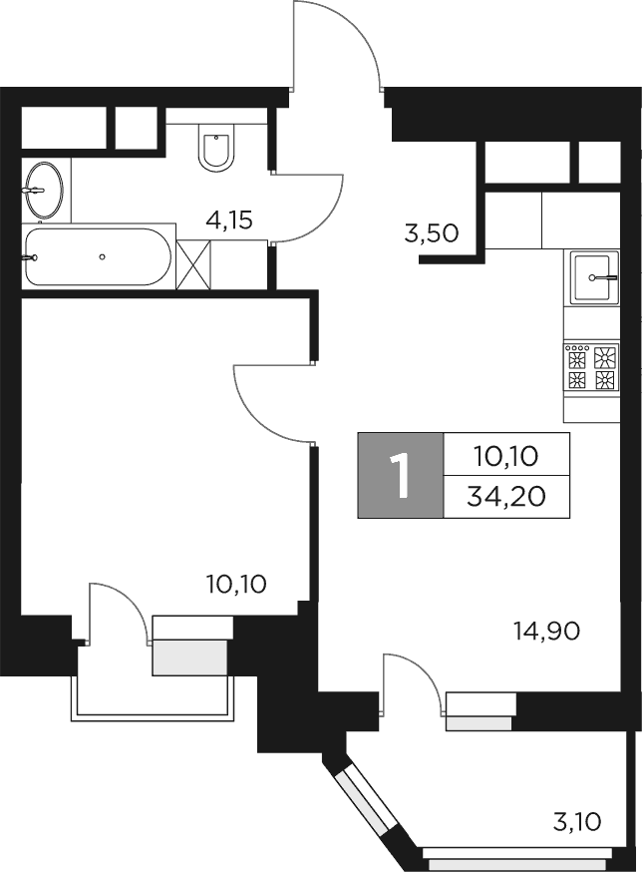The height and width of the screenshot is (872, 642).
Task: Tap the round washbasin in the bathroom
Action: pos(42,188)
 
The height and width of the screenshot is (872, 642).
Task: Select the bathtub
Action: pos(98,256)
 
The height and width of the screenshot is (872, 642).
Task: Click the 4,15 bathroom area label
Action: pos(228,220)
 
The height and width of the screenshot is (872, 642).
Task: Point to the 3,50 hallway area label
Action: pos(431,234)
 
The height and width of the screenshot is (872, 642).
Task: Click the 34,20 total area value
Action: pos(506,497)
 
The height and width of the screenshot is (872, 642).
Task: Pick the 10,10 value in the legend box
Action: pos(506,457)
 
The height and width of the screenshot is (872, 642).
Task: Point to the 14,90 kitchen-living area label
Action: pos(546,630)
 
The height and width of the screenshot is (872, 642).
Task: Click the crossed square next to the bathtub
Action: pos(193,263)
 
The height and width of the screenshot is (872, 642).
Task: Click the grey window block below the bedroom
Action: pos(190,655)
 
